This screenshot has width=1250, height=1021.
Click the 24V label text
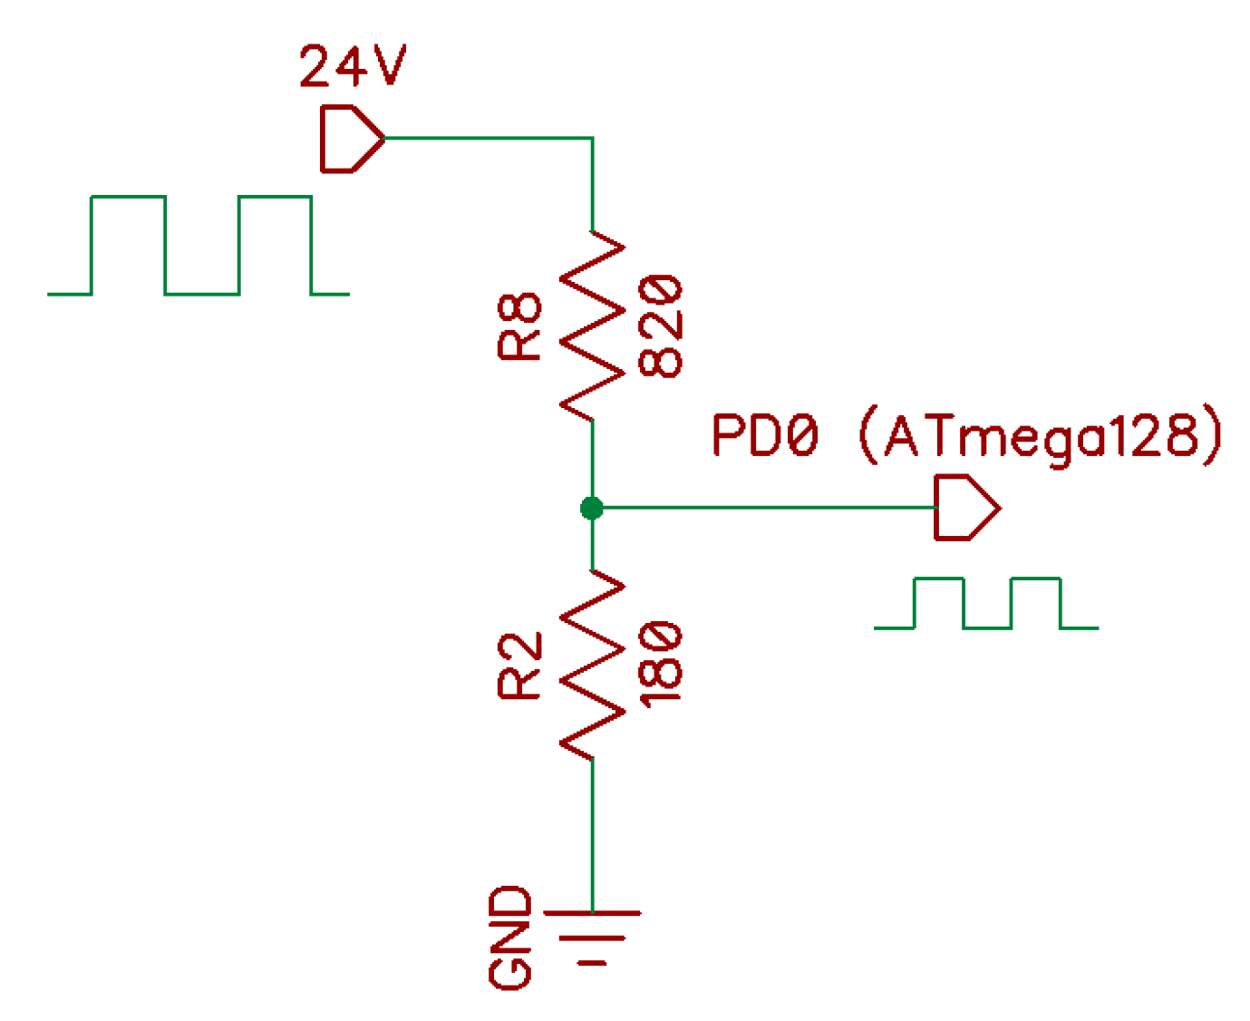352,66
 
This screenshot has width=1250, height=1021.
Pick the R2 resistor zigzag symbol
593,665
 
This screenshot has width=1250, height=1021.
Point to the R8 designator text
520,326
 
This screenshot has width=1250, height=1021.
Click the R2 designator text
520,665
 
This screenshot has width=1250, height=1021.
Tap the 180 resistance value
661,665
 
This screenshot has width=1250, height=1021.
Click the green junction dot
592,508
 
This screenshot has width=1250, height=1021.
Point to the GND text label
510,938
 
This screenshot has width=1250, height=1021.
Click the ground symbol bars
593,937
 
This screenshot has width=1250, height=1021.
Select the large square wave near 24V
199,246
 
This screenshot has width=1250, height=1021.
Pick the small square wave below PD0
986,603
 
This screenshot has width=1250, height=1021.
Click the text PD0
764,435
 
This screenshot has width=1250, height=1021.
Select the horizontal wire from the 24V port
489,139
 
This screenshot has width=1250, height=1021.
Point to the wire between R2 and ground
593,834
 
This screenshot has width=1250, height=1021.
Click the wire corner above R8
593,139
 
